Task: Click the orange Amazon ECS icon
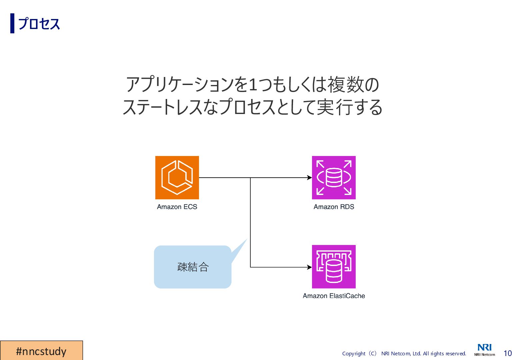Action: click(177, 177)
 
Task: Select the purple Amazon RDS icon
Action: click(334, 177)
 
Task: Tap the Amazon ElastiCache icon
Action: click(334, 267)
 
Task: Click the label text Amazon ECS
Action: click(177, 207)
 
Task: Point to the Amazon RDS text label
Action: click(334, 207)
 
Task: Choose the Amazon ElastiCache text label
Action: click(334, 296)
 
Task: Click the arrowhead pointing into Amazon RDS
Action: click(309, 178)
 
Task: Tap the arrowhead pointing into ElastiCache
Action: click(309, 267)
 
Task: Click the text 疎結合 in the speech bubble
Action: click(193, 267)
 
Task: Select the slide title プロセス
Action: click(39, 24)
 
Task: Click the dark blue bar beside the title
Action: click(12, 23)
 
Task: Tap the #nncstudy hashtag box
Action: click(41, 351)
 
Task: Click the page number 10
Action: click(507, 353)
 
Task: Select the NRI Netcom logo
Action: click(485, 350)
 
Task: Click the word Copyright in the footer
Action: click(354, 354)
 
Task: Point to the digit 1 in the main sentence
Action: click(253, 85)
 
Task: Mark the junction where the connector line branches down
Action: click(250, 178)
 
